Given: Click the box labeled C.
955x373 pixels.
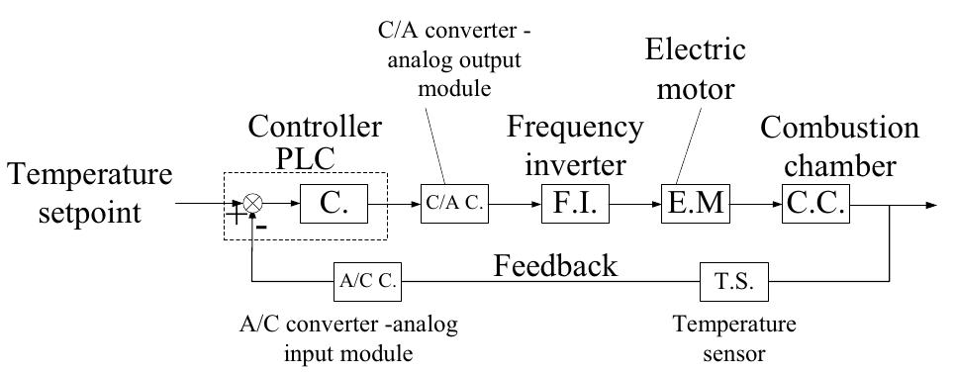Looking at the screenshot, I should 331,204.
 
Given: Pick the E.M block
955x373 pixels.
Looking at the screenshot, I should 695,205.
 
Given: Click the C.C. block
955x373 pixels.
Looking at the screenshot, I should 815,205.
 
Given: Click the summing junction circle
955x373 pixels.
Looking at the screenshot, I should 253,204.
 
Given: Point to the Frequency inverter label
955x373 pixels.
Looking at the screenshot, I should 575,143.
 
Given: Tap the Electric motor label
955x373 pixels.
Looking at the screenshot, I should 695,69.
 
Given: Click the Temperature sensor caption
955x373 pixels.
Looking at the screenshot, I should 734,338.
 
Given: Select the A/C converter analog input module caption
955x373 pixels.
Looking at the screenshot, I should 349,338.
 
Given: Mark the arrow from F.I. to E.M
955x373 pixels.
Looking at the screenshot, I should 634,205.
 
